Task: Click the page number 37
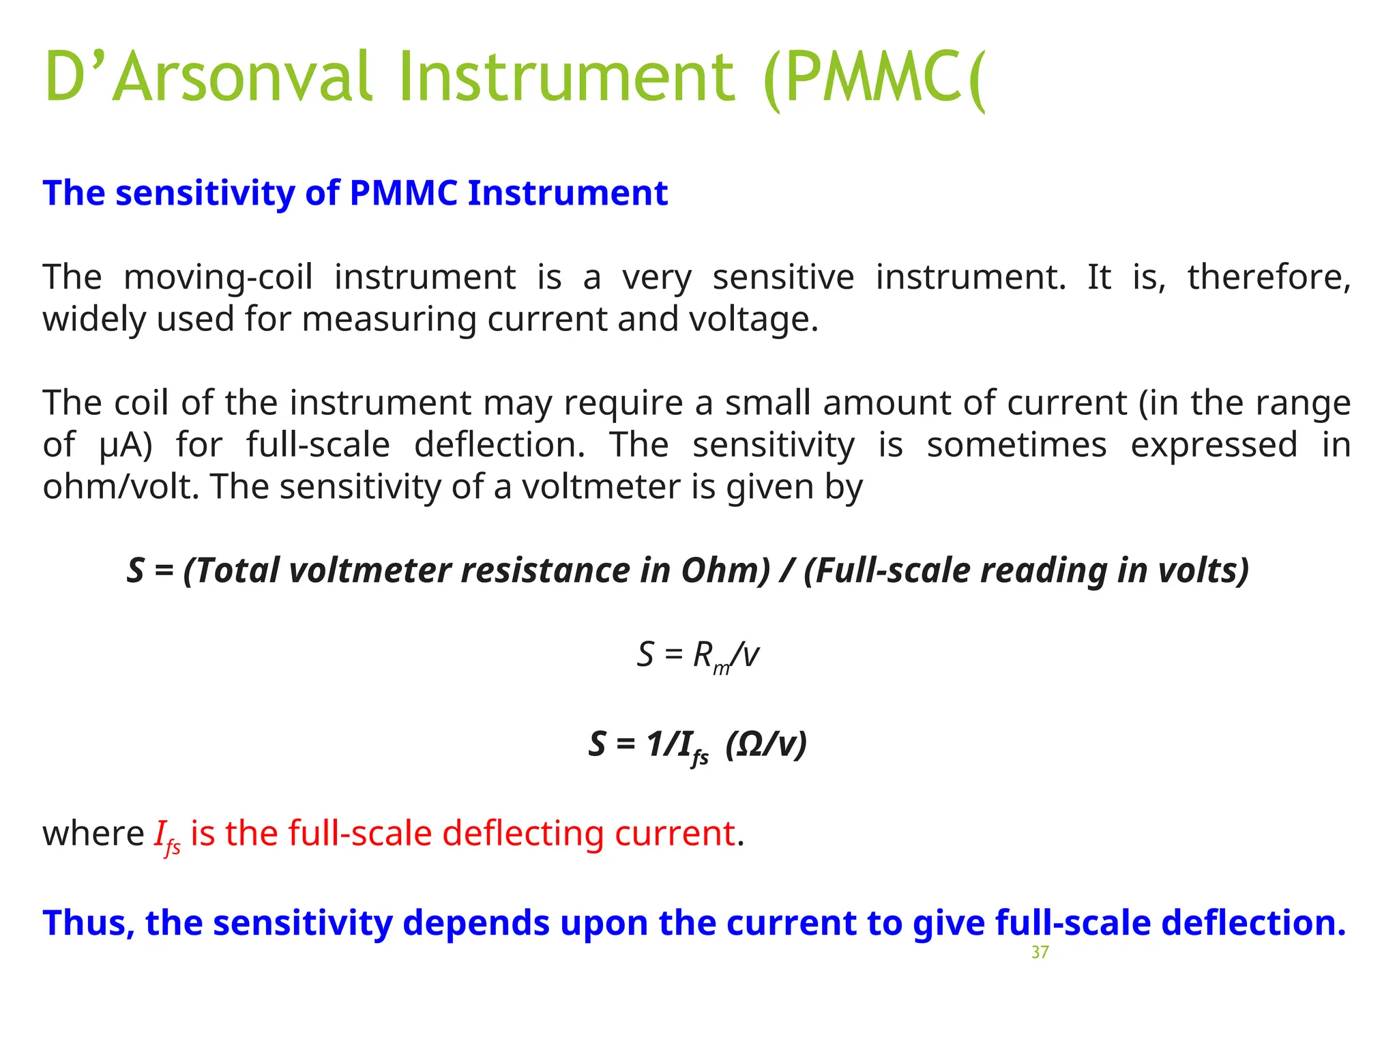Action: pyautogui.click(x=1040, y=952)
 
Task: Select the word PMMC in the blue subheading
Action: pyautogui.click(x=403, y=193)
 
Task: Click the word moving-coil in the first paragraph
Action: pyautogui.click(x=218, y=278)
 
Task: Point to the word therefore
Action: pyautogui.click(x=1268, y=278)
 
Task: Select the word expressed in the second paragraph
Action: pyautogui.click(x=1214, y=445)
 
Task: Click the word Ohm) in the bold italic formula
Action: pyautogui.click(x=726, y=570)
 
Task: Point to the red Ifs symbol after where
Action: pyautogui.click(x=167, y=836)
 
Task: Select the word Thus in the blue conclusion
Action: pyautogui.click(x=87, y=923)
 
